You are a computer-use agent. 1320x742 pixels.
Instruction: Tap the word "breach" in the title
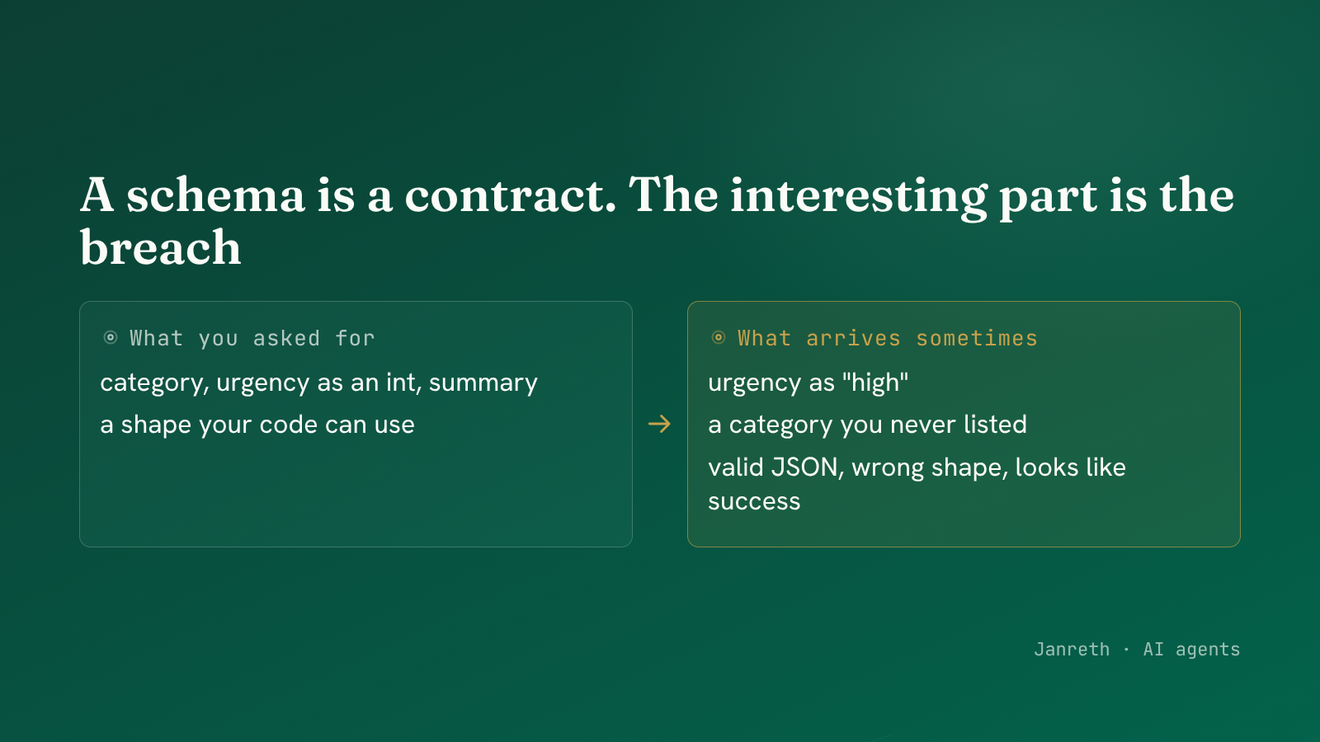[x=161, y=247]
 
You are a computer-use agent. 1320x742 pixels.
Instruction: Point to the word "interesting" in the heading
[x=859, y=197]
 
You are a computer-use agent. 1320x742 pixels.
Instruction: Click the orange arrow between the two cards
[x=659, y=424]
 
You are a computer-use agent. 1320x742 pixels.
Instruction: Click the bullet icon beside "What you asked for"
[x=111, y=337]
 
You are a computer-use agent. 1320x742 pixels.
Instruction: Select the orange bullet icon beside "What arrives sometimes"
[x=719, y=337]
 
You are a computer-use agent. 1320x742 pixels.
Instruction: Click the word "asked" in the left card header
[x=286, y=339]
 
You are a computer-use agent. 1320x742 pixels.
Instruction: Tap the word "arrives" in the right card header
[x=853, y=339]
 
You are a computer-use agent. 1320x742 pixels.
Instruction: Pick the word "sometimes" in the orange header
[x=977, y=339]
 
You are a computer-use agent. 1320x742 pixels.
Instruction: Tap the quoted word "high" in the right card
[x=875, y=383]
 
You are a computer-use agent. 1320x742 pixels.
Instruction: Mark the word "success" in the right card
[x=754, y=502]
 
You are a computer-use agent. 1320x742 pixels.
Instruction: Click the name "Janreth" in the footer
[x=1072, y=650]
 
